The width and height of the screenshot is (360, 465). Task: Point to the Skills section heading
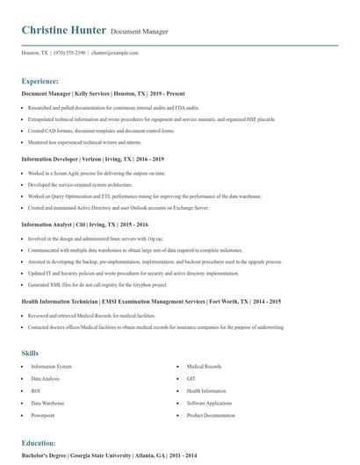30,353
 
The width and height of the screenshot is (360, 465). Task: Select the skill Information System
51,366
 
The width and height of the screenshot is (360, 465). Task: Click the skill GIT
191,378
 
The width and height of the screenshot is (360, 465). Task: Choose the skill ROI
36,390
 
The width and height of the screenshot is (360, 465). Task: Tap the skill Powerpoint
43,415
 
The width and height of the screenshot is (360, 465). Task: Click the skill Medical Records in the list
204,366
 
